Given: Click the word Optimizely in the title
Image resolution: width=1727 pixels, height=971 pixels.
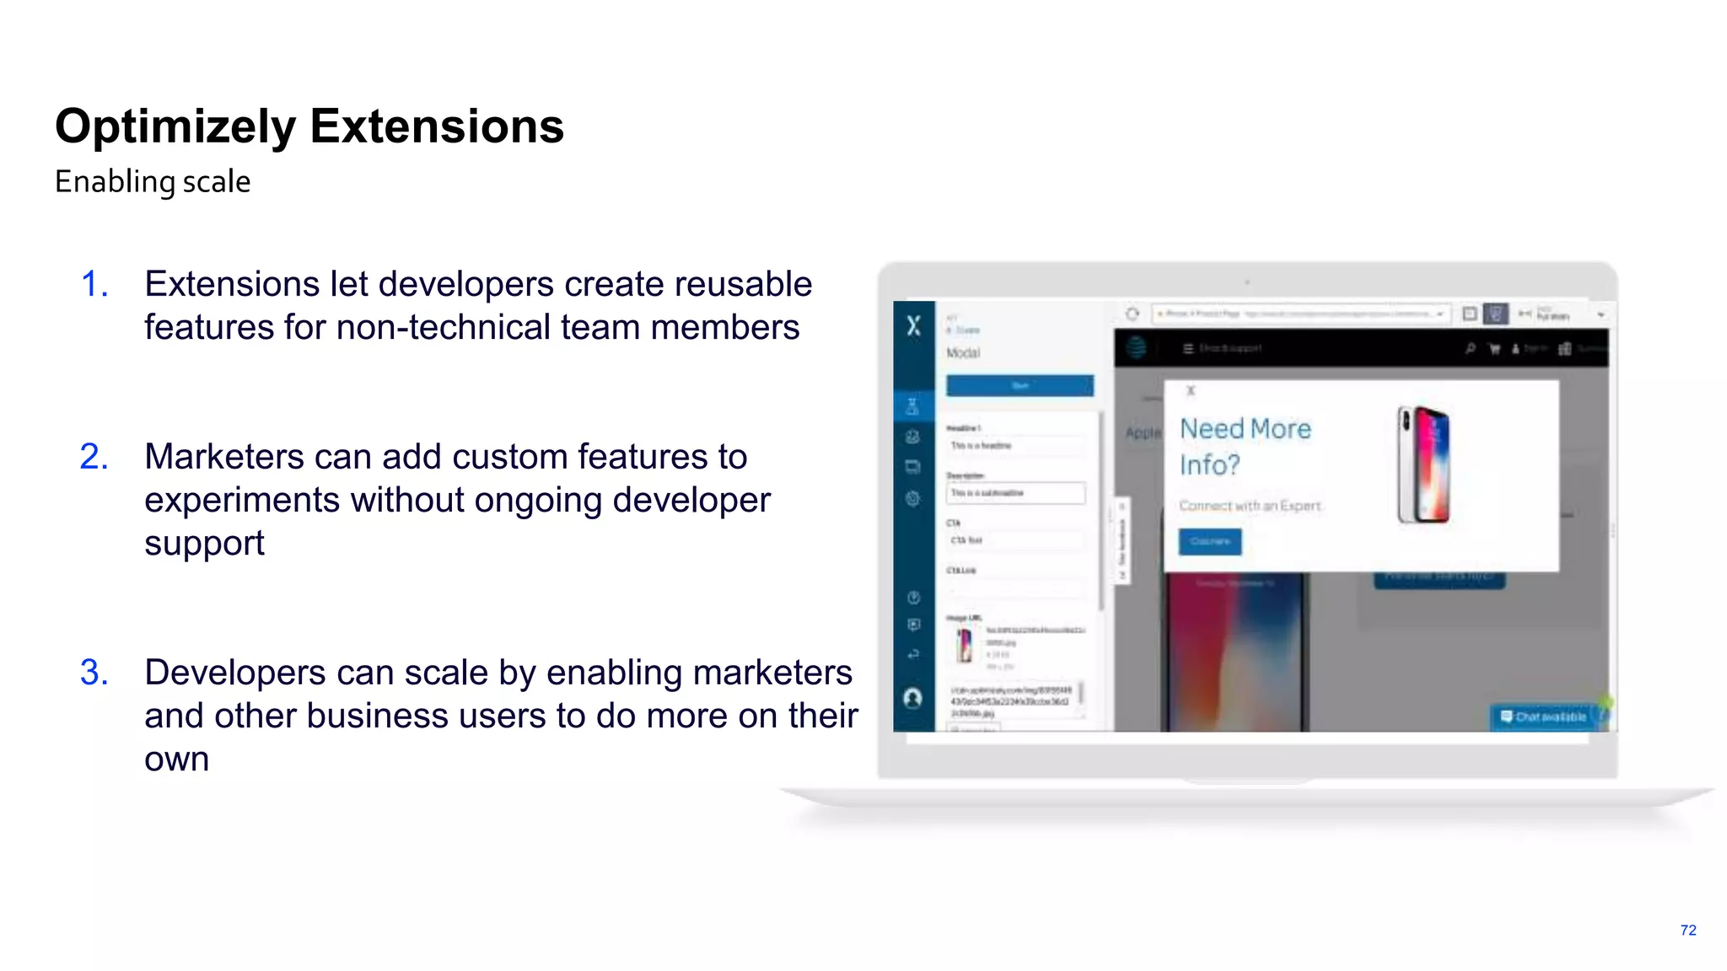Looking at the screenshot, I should tap(175, 127).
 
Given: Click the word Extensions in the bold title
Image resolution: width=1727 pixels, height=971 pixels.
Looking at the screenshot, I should tap(436, 127).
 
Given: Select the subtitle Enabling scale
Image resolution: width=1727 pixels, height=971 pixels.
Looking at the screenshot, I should tap(153, 182).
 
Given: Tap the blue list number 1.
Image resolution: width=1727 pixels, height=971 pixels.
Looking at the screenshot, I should tap(94, 284).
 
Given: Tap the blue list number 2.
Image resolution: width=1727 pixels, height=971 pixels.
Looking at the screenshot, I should tap(94, 457).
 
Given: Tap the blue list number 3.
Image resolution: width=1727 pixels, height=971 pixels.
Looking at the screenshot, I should tap(94, 673).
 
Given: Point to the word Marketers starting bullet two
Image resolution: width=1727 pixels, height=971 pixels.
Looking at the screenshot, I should tap(223, 457).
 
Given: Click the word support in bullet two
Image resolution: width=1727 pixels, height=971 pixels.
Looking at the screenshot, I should tap(204, 544).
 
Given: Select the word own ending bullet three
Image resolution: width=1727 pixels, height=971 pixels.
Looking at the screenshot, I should tap(176, 759).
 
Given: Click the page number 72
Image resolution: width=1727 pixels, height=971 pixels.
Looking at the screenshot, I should tap(1687, 931).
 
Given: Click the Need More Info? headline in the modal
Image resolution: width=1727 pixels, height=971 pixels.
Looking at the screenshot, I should tap(1245, 447).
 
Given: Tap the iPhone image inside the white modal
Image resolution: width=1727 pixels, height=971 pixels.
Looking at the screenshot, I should tap(1423, 464).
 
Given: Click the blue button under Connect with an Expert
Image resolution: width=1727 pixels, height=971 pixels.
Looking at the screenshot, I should tap(1209, 541).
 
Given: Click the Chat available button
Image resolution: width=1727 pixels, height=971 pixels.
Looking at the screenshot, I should tap(1543, 717).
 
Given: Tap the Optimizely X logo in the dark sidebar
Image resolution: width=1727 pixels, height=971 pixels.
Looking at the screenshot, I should tap(914, 326).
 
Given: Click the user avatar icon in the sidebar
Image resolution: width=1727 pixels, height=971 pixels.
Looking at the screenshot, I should tap(912, 698).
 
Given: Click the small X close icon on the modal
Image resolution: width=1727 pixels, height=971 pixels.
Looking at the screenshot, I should tap(1191, 391).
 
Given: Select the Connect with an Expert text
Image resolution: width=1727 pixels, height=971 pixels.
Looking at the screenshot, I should tap(1249, 506).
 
